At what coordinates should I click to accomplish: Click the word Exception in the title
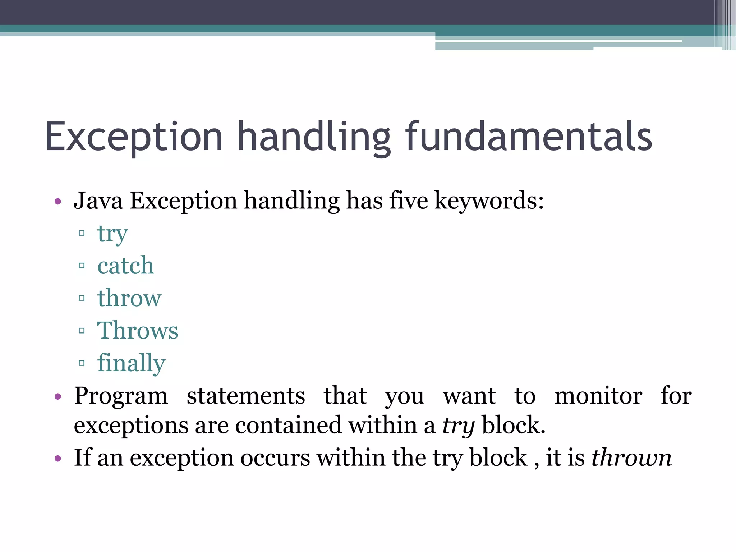pyautogui.click(x=134, y=138)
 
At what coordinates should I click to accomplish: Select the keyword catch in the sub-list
pyautogui.click(x=126, y=266)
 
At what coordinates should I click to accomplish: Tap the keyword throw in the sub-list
pyautogui.click(x=129, y=298)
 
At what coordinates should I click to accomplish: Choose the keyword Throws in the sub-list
pyautogui.click(x=138, y=331)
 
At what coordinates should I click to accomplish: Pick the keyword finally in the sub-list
pyautogui.click(x=131, y=363)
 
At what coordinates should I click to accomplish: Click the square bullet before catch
pyautogui.click(x=82, y=266)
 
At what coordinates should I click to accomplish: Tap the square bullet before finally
pyautogui.click(x=82, y=363)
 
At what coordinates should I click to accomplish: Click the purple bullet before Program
pyautogui.click(x=58, y=397)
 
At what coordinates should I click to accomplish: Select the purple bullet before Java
pyautogui.click(x=58, y=201)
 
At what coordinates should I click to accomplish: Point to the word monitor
pyautogui.click(x=598, y=396)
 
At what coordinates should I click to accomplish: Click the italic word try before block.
pyautogui.click(x=458, y=426)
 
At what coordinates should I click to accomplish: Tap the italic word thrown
pyautogui.click(x=631, y=458)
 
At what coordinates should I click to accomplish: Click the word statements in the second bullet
pyautogui.click(x=246, y=396)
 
